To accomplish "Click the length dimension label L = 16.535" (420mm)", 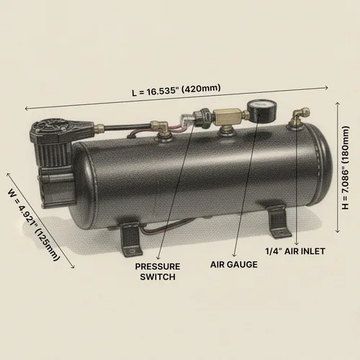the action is (176, 90).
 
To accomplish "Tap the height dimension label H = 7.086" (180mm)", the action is (345, 168).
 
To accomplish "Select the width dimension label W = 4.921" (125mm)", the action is (34, 225).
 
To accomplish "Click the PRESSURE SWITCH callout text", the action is (158, 271).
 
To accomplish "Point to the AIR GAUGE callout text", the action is (234, 264).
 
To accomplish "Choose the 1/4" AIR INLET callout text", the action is (295, 251).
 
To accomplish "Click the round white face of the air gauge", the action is (261, 106).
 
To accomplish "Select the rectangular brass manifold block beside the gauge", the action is (228, 116).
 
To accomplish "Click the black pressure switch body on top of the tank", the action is (203, 117).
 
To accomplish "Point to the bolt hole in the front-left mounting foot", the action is (132, 251).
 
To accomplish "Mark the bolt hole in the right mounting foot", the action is (282, 233).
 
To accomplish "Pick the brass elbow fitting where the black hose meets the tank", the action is (161, 127).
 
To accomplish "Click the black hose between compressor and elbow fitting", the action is (127, 127).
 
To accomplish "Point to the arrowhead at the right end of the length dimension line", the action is (326, 88).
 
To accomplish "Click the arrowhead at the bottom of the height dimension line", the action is (338, 231).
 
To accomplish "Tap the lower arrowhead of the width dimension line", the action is (73, 266).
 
